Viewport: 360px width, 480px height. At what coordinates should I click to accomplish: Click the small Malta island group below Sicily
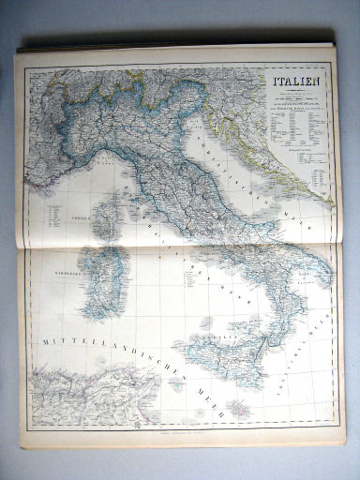click(234, 407)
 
